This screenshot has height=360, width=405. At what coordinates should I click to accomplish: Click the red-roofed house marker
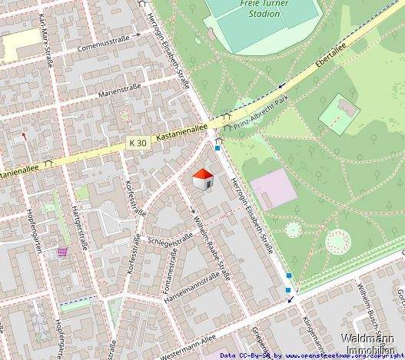click(203, 180)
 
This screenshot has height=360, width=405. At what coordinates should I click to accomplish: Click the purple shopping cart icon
click(61, 251)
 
